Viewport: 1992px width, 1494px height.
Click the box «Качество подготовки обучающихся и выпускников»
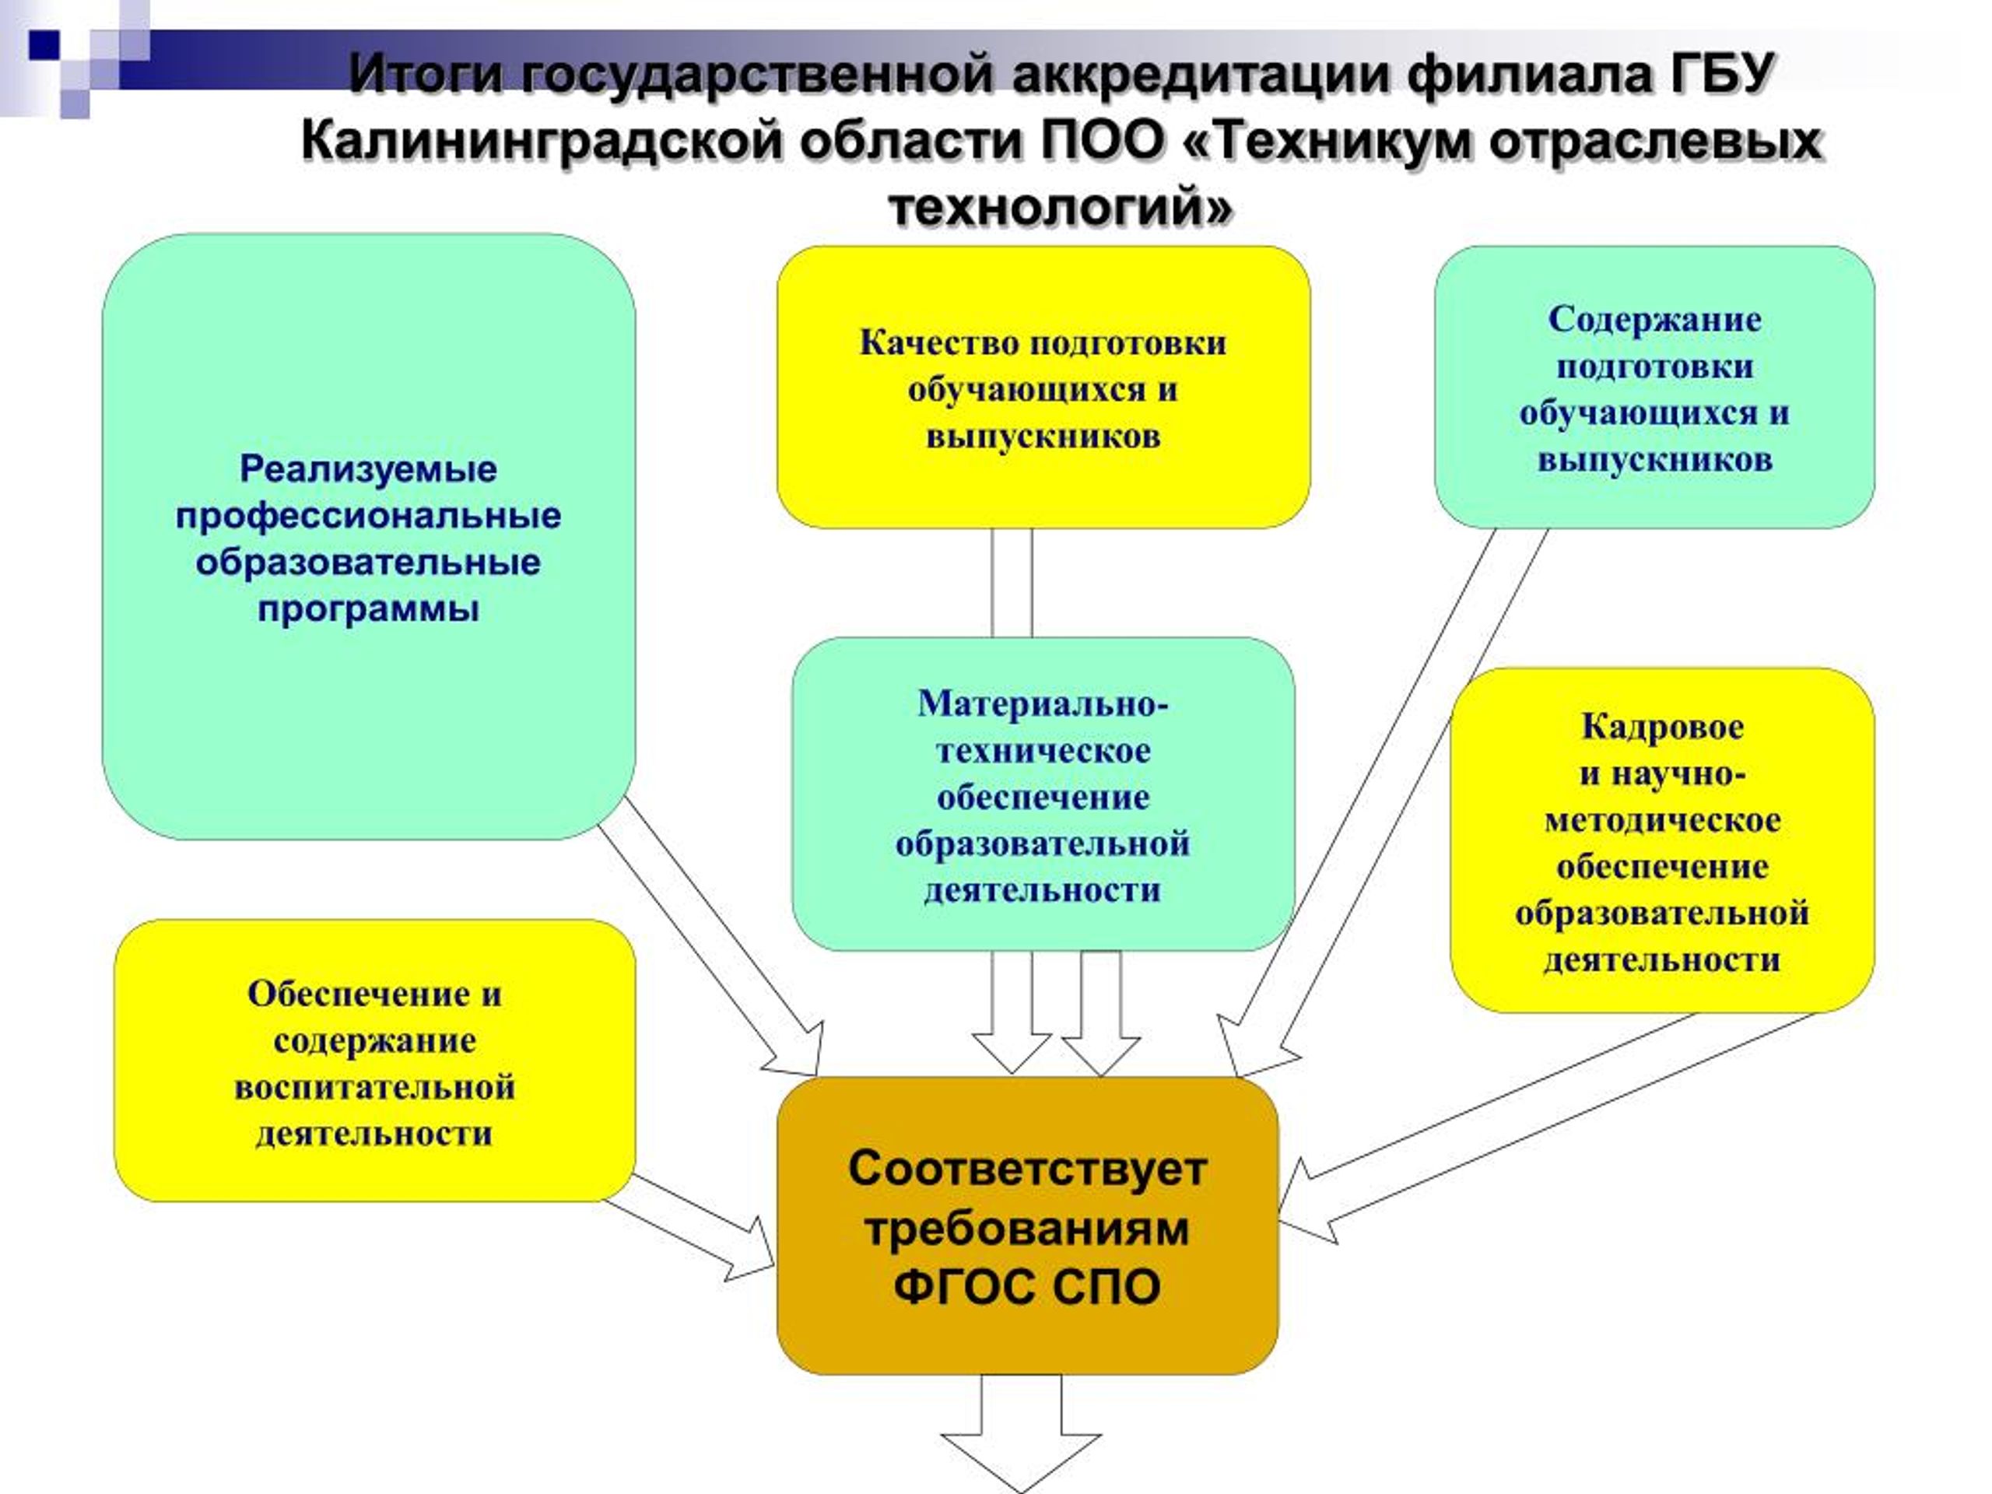[1043, 388]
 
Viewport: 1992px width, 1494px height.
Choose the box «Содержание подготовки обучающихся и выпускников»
[1654, 388]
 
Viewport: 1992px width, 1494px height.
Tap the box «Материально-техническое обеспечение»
[1043, 794]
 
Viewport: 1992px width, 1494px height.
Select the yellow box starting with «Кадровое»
[1662, 840]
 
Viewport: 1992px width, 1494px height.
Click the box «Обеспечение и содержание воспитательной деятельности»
[374, 1061]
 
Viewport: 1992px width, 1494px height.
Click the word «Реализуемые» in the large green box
[368, 469]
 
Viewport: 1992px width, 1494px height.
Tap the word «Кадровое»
[1662, 727]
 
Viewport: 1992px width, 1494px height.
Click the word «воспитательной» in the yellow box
[374, 1087]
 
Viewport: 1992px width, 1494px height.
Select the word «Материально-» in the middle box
[1043, 703]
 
